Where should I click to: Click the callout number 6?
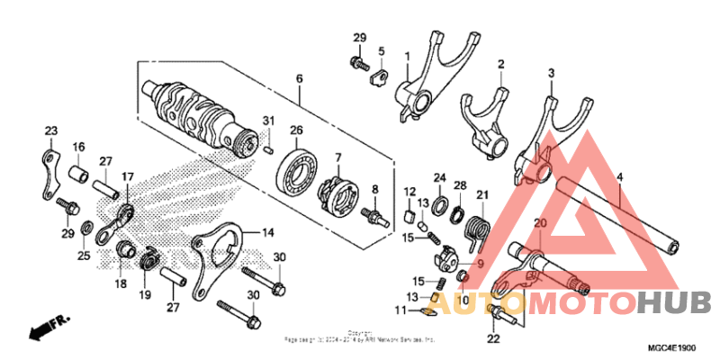point(298,80)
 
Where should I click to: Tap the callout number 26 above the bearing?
point(295,131)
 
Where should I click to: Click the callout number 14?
point(268,233)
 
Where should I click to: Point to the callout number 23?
point(50,131)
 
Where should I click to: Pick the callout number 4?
point(619,177)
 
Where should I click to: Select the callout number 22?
point(493,338)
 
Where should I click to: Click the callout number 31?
point(268,121)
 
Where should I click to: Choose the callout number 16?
point(78,147)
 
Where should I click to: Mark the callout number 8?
point(375,190)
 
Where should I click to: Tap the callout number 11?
point(400,310)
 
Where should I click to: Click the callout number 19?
point(144,293)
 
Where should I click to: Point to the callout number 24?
point(440,177)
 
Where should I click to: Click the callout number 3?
point(551,72)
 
